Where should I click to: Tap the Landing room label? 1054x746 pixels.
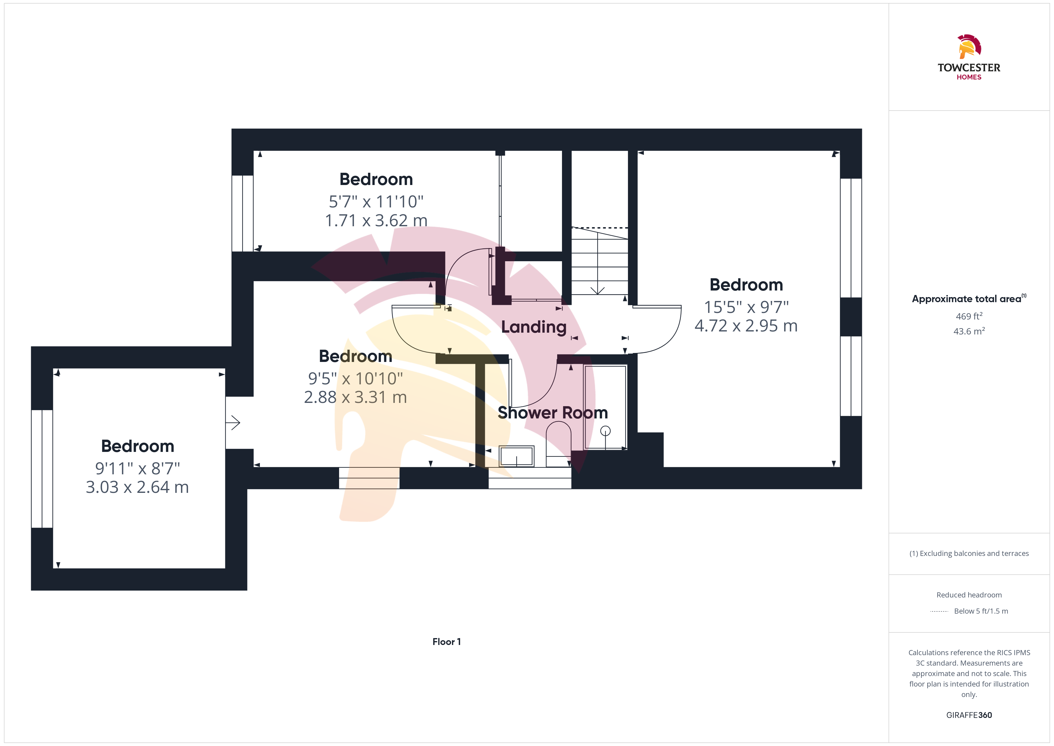tap(534, 327)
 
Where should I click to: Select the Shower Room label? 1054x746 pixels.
tap(553, 412)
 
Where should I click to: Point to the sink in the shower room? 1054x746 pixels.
tap(517, 456)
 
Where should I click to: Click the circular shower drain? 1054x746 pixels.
tap(606, 431)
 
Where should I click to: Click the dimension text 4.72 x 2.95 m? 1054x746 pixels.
tap(746, 326)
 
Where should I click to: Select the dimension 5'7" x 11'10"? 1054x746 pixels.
tap(376, 202)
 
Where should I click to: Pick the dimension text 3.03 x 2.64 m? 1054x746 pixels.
tap(137, 487)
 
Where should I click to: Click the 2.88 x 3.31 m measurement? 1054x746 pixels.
tap(355, 397)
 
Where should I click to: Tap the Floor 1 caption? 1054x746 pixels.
tap(447, 642)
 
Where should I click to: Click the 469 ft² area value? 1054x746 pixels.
tap(969, 316)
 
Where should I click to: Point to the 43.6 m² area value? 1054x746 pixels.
tap(969, 331)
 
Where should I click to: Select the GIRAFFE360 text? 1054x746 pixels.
tap(969, 715)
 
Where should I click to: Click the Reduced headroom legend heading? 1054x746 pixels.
tap(969, 595)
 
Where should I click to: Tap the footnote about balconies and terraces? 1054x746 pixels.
tap(969, 554)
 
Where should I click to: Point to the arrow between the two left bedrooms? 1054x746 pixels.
tap(233, 423)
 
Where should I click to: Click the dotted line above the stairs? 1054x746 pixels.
tap(600, 228)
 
